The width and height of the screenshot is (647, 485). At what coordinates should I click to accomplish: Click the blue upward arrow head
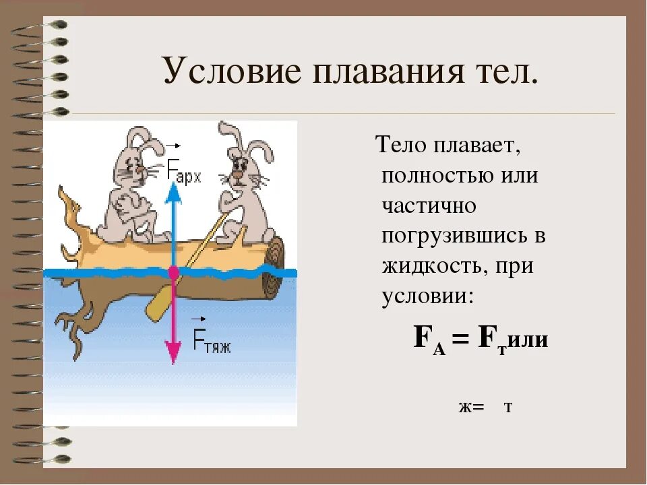[173, 192]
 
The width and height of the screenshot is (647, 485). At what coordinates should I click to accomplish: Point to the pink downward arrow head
[173, 351]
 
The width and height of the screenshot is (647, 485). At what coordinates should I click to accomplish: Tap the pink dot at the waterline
[173, 272]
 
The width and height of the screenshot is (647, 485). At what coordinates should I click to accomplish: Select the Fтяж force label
[212, 340]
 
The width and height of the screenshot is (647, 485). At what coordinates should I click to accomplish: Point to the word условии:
[428, 296]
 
